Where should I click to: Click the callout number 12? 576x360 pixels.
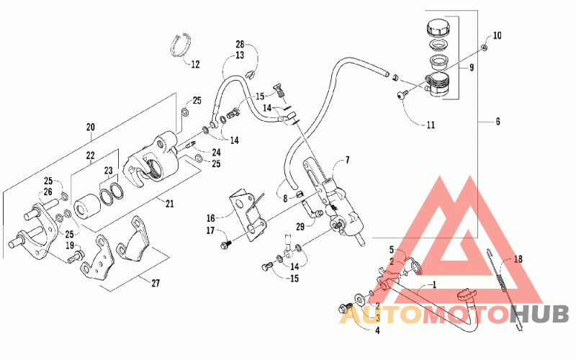(195, 64)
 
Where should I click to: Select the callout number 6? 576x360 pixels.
(498, 121)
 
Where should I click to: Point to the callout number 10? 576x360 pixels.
(497, 35)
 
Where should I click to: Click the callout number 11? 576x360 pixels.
(431, 125)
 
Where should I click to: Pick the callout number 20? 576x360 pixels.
(91, 127)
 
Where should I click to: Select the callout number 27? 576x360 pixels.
(156, 283)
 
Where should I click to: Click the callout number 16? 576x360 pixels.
(210, 219)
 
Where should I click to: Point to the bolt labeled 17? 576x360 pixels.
(225, 245)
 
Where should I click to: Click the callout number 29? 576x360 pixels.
(300, 227)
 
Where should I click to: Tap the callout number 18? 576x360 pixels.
(518, 259)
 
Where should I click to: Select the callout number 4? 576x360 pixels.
(377, 330)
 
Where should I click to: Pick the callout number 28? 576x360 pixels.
(240, 45)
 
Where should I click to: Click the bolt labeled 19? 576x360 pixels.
(76, 256)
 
